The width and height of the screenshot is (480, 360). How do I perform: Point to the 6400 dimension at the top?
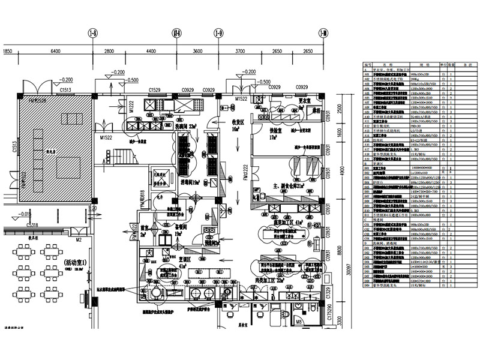[x=55, y=52]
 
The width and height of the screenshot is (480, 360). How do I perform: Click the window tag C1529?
[x=155, y=89]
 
